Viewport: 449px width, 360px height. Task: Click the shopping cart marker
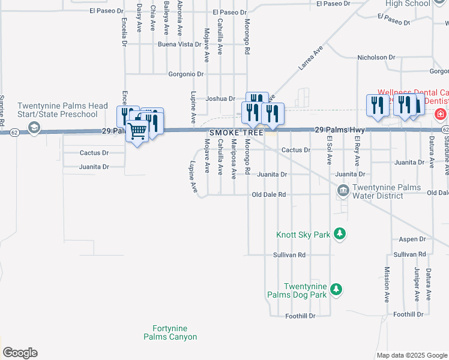click(x=137, y=130)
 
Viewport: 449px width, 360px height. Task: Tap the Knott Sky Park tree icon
click(x=340, y=233)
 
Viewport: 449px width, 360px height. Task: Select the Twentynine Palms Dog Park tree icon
click(x=337, y=290)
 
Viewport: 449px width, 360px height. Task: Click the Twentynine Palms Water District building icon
click(x=343, y=191)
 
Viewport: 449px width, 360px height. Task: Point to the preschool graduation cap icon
click(x=34, y=127)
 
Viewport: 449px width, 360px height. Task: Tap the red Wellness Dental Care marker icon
click(x=441, y=113)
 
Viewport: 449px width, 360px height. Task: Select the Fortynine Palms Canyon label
click(x=170, y=332)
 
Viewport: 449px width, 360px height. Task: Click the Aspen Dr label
click(x=412, y=239)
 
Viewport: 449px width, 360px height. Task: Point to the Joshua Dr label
click(x=220, y=98)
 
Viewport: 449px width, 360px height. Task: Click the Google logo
click(x=20, y=353)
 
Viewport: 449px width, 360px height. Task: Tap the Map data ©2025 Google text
click(x=411, y=355)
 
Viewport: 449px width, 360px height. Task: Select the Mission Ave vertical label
click(x=387, y=284)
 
